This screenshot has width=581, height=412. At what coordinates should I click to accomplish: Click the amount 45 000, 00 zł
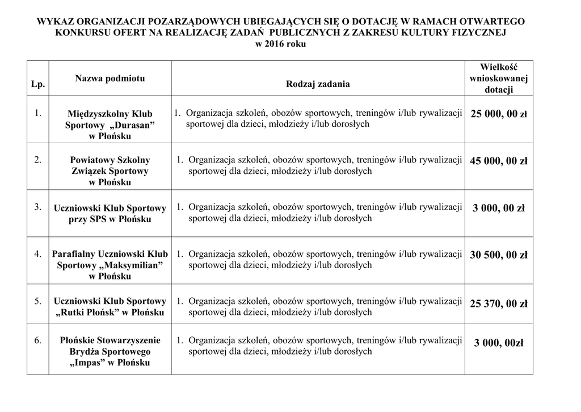tap(498, 161)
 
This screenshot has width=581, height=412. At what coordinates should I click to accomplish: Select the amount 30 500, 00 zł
tap(498, 255)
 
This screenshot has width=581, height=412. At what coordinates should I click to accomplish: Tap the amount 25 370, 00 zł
tap(498, 304)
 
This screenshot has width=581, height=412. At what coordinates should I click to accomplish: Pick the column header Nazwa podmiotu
tap(110, 78)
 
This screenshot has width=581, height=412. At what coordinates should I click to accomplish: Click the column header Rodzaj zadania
tap(318, 84)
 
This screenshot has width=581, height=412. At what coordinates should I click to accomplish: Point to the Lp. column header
tap(38, 84)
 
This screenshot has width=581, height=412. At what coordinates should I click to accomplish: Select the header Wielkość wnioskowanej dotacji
tap(498, 78)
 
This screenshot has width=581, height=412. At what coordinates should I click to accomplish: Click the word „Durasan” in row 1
tap(131, 125)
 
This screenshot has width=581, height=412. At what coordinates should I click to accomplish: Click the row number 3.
tap(37, 207)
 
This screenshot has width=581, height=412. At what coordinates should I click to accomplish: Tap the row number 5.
tap(37, 301)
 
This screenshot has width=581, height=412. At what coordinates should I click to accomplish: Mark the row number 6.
tap(37, 341)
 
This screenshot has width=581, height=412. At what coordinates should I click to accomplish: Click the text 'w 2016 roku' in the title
tap(281, 44)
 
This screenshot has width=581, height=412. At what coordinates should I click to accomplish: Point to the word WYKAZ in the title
tap(55, 22)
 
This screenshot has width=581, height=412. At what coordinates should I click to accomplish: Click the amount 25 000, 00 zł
tap(498, 114)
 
